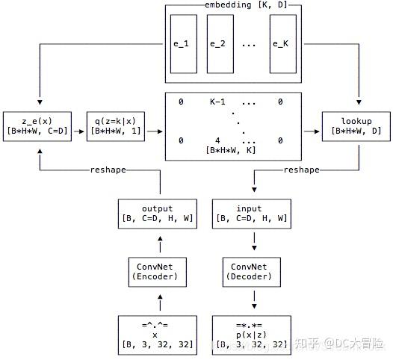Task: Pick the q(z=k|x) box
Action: [x=115, y=126]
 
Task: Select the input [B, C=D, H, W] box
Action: [x=250, y=213]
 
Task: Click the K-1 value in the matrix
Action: [x=217, y=102]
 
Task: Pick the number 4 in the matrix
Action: [x=217, y=140]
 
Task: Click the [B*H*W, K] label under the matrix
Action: [x=232, y=151]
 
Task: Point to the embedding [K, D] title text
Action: [x=235, y=5]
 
